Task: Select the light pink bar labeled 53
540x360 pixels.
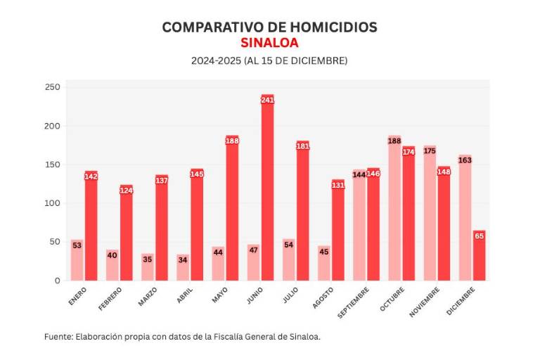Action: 77,260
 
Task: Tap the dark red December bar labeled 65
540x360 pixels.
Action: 479,256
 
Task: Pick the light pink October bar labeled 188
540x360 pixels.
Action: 394,208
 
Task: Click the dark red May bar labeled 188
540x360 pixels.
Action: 232,208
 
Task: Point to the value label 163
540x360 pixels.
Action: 465,160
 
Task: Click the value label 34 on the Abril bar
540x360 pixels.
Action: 182,259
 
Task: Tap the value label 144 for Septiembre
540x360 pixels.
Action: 359,174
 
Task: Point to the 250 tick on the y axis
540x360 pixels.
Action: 53,88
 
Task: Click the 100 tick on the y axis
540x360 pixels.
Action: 53,203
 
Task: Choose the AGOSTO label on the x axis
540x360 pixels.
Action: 322,297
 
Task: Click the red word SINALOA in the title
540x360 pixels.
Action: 269,42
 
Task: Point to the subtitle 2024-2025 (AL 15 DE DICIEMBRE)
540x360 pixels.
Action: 269,61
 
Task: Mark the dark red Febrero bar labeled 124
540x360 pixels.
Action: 127,233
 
